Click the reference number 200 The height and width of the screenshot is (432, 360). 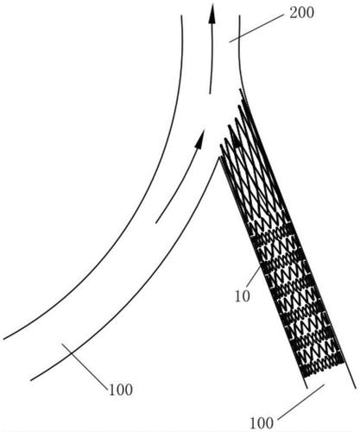[301, 13]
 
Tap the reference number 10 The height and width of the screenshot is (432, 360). [243, 295]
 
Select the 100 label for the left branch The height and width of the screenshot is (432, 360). [121, 391]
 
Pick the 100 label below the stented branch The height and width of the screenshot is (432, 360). [262, 423]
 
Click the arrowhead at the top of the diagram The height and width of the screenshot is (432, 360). [212, 14]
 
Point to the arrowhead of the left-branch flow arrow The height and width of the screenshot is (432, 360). [199, 139]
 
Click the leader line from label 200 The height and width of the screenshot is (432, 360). [256, 29]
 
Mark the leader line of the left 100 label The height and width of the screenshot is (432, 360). [85, 365]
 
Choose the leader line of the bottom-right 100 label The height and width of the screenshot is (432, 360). [301, 402]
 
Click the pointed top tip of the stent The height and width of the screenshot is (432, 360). [240, 90]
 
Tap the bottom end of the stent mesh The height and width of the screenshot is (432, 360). [323, 370]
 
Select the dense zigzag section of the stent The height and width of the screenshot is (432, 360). [296, 296]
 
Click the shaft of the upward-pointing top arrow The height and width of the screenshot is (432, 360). [212, 59]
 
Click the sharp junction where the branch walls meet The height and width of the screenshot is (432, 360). [219, 157]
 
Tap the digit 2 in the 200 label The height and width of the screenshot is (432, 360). [294, 13]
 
